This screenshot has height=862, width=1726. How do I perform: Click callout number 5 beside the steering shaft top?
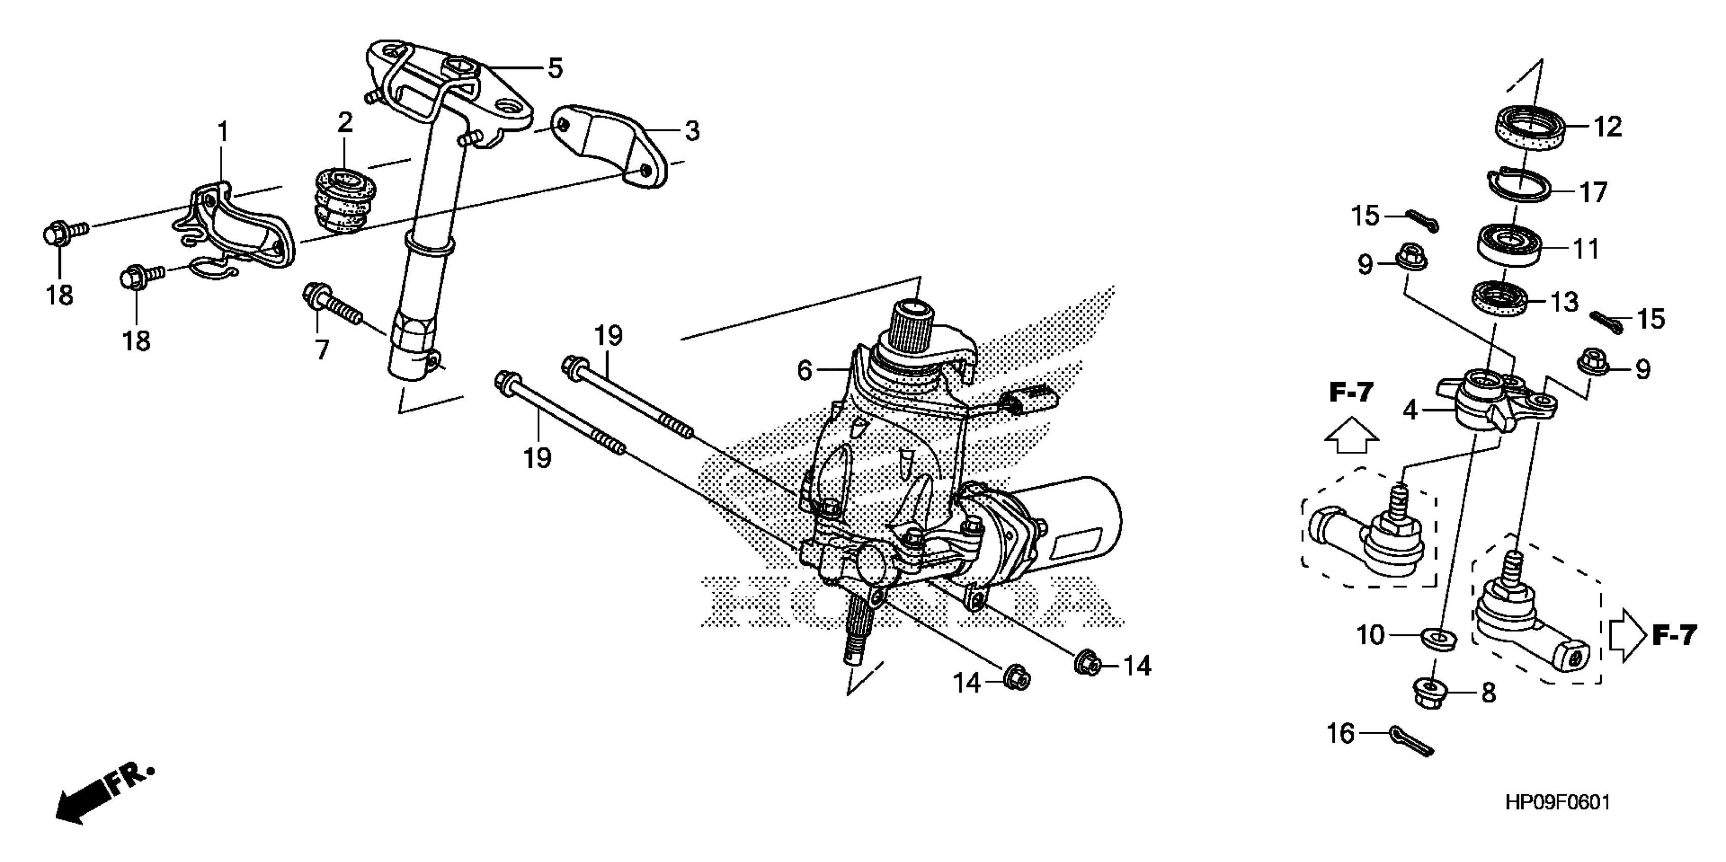pyautogui.click(x=555, y=68)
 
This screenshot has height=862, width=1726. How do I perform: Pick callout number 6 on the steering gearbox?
pyautogui.click(x=805, y=370)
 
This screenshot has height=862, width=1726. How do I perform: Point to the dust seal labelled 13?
pyautogui.click(x=1500, y=299)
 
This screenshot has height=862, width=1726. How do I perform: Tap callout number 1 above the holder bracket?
pyautogui.click(x=223, y=132)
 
